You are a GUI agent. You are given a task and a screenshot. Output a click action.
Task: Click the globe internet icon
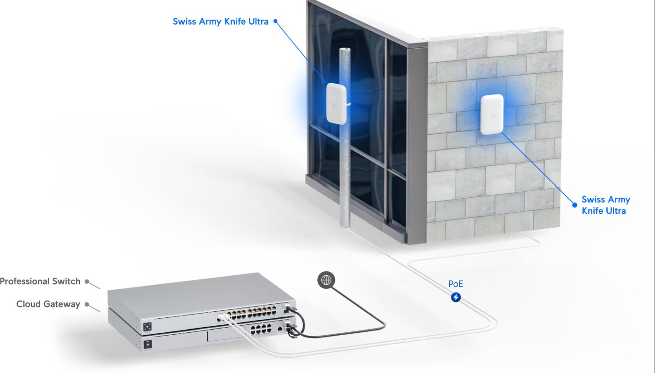[x=327, y=280]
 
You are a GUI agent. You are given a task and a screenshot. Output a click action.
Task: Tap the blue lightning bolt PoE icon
[x=456, y=297]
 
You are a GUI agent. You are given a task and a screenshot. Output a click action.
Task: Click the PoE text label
[x=456, y=284]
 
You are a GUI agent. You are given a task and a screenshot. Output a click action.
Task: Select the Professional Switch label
[x=40, y=281]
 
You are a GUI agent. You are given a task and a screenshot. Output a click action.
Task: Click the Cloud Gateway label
[x=48, y=304]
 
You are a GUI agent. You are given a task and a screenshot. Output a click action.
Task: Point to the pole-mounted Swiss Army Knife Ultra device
[x=336, y=103]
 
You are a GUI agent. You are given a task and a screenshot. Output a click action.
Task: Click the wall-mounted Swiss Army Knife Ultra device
[x=492, y=115]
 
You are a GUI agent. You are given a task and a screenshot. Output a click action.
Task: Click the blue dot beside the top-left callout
[x=275, y=21]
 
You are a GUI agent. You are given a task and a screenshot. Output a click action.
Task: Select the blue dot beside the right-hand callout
[x=575, y=205]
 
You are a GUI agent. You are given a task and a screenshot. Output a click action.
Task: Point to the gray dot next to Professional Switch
[x=87, y=281]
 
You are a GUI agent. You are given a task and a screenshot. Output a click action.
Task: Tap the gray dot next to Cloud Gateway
[x=87, y=304]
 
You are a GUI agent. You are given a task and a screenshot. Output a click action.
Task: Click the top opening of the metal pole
[x=345, y=50]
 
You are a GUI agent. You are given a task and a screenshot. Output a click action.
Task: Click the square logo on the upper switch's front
[x=147, y=327]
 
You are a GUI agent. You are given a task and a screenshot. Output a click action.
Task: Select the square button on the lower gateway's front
[x=148, y=344]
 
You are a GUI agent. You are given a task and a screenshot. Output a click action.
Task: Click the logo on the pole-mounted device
[x=334, y=105]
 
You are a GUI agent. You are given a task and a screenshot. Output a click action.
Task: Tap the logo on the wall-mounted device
[x=494, y=115]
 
